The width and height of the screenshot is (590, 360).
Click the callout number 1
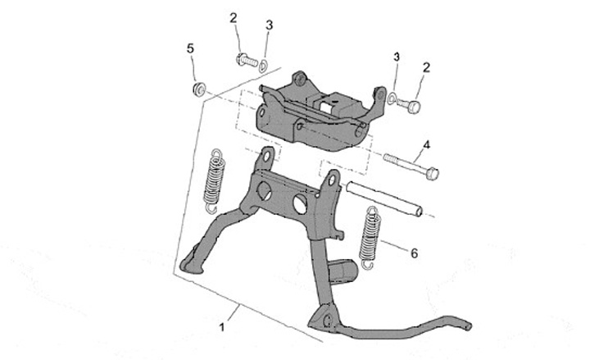(x=222, y=327)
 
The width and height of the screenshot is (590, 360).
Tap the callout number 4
(x=426, y=145)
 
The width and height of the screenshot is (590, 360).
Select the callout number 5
(x=191, y=49)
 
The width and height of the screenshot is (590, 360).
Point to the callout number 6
(x=415, y=253)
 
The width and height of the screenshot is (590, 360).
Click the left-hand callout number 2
(x=234, y=17)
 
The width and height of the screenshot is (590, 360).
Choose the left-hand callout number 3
(x=269, y=26)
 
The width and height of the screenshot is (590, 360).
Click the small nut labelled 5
(x=197, y=87)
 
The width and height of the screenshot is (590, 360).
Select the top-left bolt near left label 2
(x=245, y=59)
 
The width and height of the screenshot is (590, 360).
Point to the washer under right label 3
(x=393, y=99)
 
